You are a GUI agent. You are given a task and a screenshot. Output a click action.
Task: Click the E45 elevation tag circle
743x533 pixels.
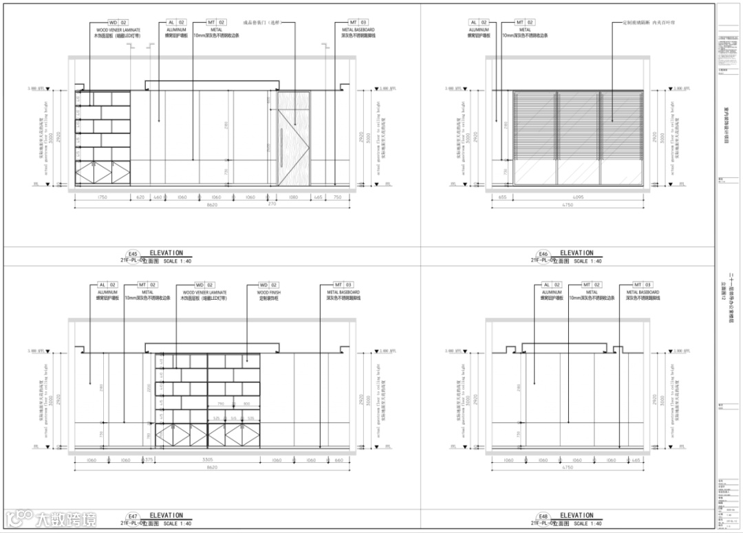click(x=133, y=254)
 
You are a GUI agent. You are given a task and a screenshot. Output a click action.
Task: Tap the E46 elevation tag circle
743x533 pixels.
click(x=543, y=254)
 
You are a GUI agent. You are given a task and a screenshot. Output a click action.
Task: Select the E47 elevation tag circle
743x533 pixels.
click(x=133, y=516)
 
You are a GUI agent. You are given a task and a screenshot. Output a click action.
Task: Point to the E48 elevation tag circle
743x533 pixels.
click(x=543, y=516)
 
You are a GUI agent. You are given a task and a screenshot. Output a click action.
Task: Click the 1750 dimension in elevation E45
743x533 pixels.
click(x=103, y=197)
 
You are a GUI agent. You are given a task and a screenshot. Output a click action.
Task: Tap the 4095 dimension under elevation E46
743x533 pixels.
click(x=578, y=197)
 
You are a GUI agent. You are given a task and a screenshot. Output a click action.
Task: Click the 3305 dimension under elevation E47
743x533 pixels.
click(x=207, y=460)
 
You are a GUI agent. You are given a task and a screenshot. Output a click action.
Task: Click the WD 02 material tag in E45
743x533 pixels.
click(x=118, y=23)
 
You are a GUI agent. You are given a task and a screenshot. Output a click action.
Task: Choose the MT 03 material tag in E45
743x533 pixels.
click(x=358, y=23)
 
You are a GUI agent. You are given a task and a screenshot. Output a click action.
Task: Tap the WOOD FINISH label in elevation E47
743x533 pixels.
click(x=269, y=292)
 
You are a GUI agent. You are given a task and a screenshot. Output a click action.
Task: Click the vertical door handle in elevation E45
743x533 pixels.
click(x=282, y=147)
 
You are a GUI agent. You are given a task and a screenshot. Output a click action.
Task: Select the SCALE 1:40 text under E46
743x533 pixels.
click(x=588, y=261)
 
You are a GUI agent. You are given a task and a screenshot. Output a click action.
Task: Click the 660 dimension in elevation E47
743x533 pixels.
click(x=338, y=460)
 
